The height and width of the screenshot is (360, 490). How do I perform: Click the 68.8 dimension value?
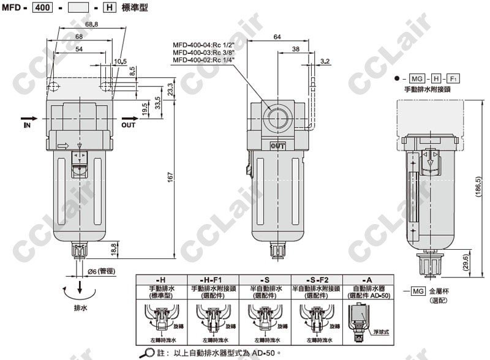click(x=91, y=41)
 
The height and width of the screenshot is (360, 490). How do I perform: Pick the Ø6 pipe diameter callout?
click(x=101, y=271)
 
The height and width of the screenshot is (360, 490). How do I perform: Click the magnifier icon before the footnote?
click(x=149, y=353)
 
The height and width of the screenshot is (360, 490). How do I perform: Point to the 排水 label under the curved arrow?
click(x=80, y=308)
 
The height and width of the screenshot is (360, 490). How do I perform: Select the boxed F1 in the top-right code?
click(x=453, y=79)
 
